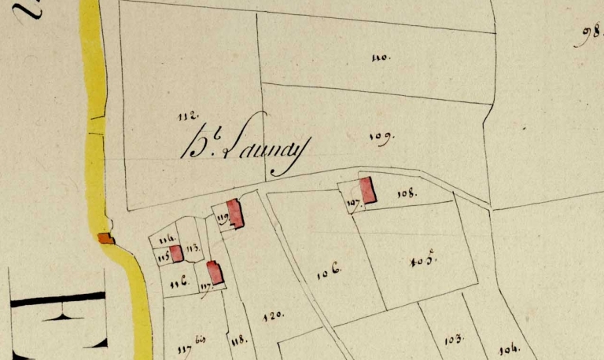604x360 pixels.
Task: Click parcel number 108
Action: pos(406,193)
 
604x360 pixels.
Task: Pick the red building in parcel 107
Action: pos(366,190)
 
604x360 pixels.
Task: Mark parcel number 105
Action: pos(422,261)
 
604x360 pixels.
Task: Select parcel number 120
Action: pos(272,316)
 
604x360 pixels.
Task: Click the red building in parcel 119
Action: pos(234,213)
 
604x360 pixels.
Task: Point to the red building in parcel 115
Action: pos(177,253)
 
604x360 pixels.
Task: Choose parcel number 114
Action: pos(166,239)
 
